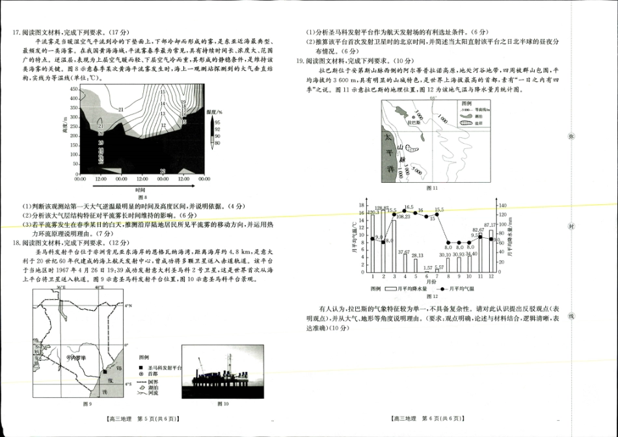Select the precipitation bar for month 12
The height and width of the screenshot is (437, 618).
491,251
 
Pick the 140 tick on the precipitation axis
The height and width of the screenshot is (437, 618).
502,205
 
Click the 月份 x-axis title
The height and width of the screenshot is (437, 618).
433,282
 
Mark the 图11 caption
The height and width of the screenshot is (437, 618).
432,188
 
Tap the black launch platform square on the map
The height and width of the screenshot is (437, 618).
105,372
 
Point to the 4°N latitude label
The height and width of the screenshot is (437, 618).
129,306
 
